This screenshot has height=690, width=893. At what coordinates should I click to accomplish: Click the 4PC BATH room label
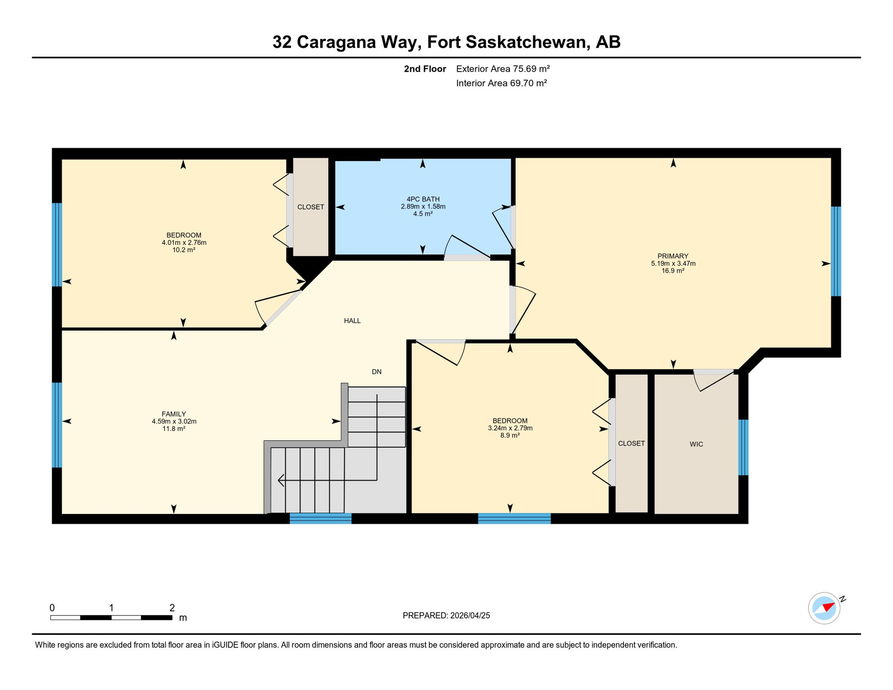click(x=423, y=199)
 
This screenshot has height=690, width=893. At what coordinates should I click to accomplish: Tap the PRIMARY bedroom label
click(x=672, y=256)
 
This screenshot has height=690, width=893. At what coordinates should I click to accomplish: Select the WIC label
click(x=696, y=444)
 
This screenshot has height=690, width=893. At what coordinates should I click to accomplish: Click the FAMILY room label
click(x=174, y=414)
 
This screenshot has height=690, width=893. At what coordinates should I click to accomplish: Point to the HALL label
click(x=352, y=321)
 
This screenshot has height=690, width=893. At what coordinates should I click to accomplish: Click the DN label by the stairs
click(x=376, y=372)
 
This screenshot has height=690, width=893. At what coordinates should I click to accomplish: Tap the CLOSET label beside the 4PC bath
click(x=310, y=207)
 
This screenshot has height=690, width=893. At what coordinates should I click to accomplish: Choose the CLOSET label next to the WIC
click(x=631, y=443)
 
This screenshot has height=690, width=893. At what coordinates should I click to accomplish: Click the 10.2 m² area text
click(x=184, y=250)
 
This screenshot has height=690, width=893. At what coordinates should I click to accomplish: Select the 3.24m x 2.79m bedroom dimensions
click(x=510, y=428)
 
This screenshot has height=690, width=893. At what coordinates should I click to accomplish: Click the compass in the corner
click(x=824, y=608)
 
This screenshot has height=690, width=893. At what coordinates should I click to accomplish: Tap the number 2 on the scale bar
click(x=172, y=608)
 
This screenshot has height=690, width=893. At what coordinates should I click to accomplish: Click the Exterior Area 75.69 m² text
click(x=503, y=69)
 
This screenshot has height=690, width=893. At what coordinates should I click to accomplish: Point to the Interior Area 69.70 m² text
click(x=501, y=83)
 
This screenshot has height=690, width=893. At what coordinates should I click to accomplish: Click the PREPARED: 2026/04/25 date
click(x=446, y=615)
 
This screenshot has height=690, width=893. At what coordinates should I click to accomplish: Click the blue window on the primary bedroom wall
click(x=836, y=251)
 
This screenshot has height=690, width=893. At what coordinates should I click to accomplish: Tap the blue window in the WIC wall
click(x=743, y=447)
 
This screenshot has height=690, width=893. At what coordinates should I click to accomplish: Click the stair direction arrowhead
click(x=281, y=480)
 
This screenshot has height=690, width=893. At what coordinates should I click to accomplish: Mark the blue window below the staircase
click(x=320, y=518)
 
